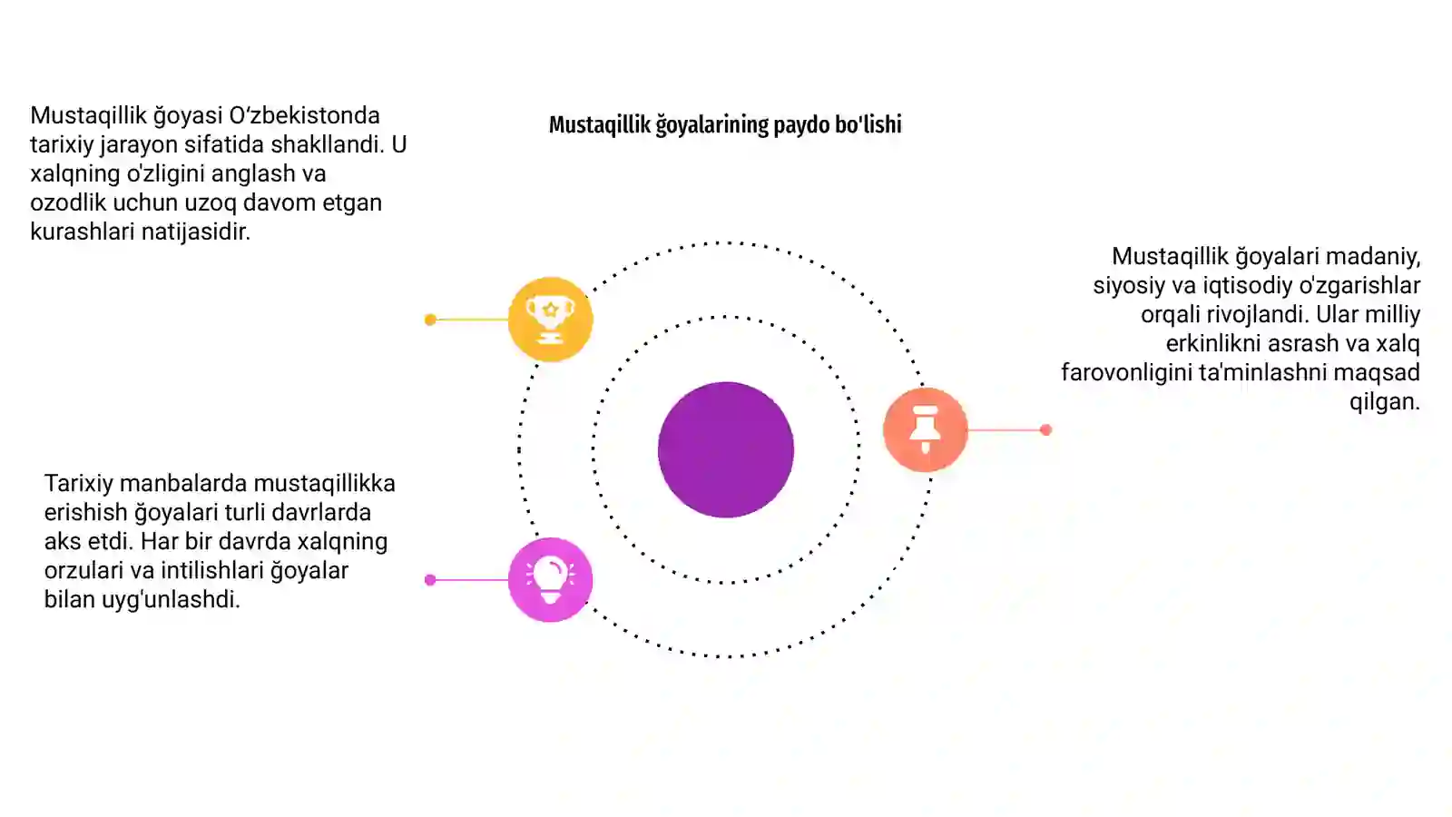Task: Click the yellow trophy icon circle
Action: click(x=550, y=319)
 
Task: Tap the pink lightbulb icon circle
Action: click(x=550, y=580)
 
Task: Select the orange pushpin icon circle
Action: click(x=926, y=429)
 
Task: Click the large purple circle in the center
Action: click(x=726, y=449)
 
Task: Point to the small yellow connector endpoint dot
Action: click(x=430, y=320)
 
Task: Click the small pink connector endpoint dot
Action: click(x=430, y=580)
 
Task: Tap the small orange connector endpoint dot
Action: click(x=1045, y=429)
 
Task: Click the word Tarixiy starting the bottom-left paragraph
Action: click(x=78, y=484)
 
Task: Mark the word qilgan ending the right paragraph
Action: click(x=1385, y=402)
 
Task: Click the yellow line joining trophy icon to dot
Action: click(x=472, y=320)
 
